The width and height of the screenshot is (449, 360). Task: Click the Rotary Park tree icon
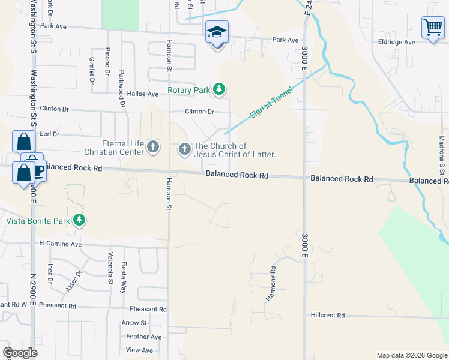(220, 90)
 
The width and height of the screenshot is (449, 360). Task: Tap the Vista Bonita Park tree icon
(79, 220)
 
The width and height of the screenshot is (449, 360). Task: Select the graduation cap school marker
(217, 32)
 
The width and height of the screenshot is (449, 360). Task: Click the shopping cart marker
(432, 28)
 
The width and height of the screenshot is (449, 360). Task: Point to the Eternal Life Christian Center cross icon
(153, 147)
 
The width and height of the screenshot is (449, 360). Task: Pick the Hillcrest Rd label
(328, 315)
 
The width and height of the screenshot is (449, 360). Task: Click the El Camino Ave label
(60, 244)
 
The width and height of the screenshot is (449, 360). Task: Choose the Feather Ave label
(144, 337)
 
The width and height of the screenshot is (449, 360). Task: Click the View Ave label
(139, 350)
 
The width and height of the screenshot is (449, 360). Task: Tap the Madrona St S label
(441, 150)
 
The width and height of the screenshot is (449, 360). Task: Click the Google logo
(20, 353)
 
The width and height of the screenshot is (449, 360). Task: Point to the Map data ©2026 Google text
(411, 355)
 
